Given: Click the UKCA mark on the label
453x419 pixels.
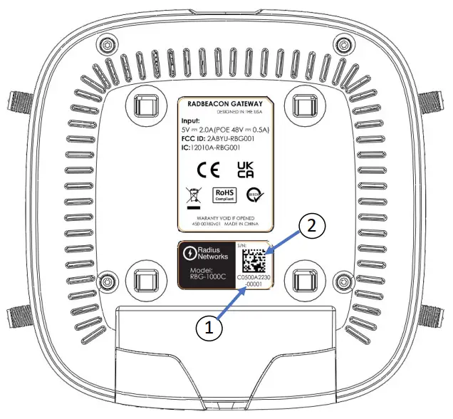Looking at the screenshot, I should click(244, 168).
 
